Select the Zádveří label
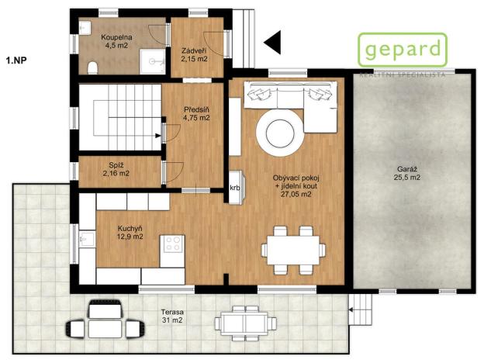pos(193,55)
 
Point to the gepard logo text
pos(402,50)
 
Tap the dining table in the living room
pos(292,249)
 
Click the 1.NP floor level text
pos(17,59)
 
